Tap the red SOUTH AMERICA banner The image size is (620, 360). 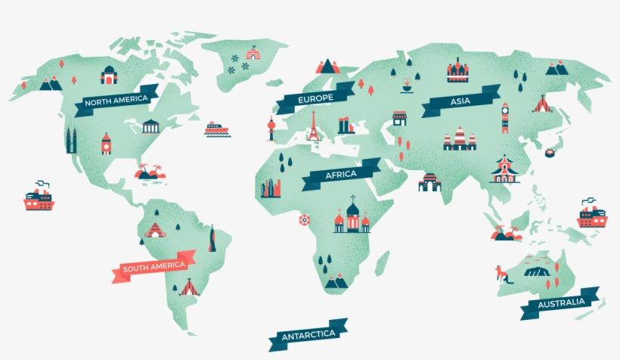tap(153, 266)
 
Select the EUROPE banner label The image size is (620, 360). tap(315, 99)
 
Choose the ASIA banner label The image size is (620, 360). tap(460, 101)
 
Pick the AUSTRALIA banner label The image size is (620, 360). tap(560, 303)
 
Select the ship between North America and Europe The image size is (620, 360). tap(215, 129)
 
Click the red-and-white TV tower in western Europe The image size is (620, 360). tap(270, 129)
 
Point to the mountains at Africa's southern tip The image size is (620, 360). tap(336, 281)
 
